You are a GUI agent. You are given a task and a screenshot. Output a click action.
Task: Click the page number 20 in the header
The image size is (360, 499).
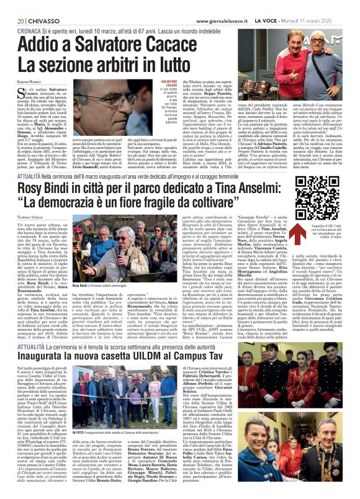[13, 5]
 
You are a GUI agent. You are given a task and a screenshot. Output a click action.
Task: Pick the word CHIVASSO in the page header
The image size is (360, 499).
[38, 5]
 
